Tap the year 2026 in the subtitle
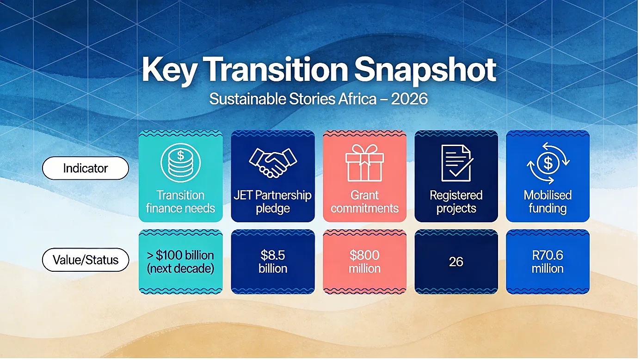409,99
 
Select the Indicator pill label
86,168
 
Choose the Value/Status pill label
86,260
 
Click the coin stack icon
180,163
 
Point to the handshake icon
273,163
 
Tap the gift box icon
364,163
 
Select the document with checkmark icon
456,163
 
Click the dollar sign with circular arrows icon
548,163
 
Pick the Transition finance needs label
180,202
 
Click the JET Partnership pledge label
273,202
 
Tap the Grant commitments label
364,202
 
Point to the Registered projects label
456,202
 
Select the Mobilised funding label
548,202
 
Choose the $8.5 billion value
273,262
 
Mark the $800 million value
364,262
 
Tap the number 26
456,262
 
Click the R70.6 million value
548,262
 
